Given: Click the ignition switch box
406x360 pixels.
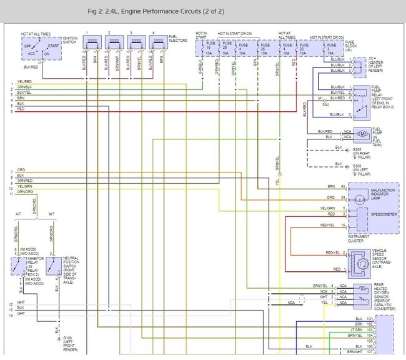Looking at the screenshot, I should tap(41, 47).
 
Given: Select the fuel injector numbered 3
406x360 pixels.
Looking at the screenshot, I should tap(136, 42).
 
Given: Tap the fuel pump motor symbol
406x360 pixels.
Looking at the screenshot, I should tap(362, 133).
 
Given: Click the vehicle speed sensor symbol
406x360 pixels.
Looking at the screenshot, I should tap(358, 261).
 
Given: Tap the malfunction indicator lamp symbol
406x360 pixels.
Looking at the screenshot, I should tap(359, 197).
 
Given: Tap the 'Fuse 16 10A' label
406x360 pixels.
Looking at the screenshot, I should tap(210, 49).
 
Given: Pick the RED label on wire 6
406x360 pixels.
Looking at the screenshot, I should tap(21, 109).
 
